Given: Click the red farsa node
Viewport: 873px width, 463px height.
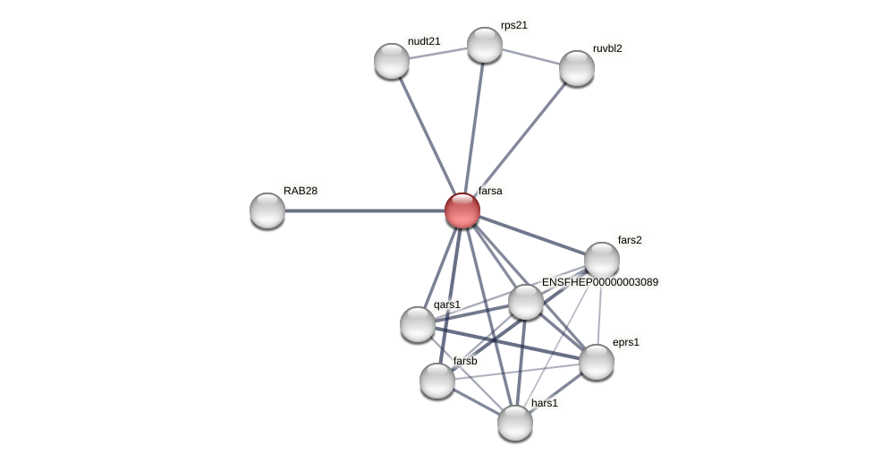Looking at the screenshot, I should point(462,210).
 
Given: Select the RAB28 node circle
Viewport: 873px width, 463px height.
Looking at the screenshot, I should point(267,210).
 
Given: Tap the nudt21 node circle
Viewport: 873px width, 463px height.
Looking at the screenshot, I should point(392,61).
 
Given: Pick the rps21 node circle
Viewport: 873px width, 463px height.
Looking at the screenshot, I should point(485,45).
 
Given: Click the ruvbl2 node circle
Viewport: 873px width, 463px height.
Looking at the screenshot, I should point(577,68).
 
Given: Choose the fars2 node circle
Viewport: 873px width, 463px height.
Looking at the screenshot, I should point(602,260).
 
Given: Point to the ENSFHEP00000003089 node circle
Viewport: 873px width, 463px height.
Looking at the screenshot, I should point(526,302).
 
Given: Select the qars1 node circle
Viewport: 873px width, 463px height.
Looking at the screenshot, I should point(418,323).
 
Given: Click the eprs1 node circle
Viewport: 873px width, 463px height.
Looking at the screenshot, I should point(597,362).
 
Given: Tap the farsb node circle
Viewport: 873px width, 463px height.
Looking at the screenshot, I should point(437,381).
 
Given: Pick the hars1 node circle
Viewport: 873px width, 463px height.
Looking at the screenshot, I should point(515,423).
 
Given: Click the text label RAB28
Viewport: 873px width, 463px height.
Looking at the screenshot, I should point(301,191).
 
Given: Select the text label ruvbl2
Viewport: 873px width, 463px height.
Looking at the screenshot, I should point(607,48).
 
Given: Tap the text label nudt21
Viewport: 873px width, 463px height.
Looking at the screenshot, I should point(424,41).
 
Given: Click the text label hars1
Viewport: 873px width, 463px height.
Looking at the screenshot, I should point(545,403).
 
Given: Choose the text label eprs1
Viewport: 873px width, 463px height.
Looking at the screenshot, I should point(626,342).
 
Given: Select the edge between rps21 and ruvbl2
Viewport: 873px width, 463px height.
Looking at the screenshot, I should point(530,56).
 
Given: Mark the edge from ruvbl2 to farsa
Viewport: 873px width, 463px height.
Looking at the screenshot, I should point(520,139).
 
